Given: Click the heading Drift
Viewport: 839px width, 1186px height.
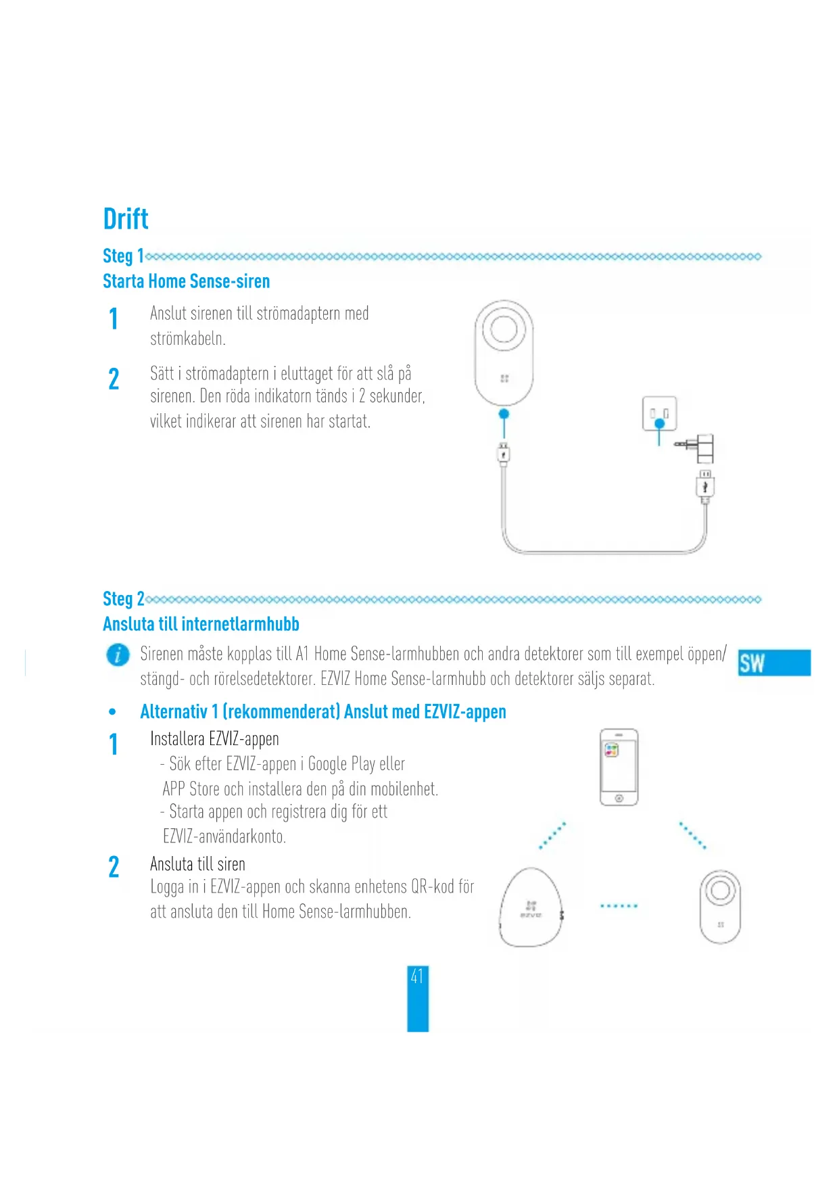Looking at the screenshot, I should coord(126,219).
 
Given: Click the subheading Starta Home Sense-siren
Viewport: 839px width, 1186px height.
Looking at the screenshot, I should coord(186,281).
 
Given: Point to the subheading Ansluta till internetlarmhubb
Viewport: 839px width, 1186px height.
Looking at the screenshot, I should coord(201,624).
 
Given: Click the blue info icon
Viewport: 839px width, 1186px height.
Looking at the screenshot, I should coord(118,655).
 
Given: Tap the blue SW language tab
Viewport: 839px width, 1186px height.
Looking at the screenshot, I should coord(773,663).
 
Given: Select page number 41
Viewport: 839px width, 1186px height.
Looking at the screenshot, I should coord(417,976).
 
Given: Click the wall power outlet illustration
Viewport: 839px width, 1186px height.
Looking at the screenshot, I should coord(659,413).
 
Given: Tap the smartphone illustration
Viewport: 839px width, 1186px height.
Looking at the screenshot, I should coord(619,767).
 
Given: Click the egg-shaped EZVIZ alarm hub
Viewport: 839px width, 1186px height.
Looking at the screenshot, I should coord(531,908).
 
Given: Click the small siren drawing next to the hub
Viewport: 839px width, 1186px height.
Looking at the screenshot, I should coord(720,906).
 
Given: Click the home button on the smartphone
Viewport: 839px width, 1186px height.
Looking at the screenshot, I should coord(619,799).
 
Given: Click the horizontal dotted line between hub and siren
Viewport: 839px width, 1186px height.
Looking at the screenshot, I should coord(619,905).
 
